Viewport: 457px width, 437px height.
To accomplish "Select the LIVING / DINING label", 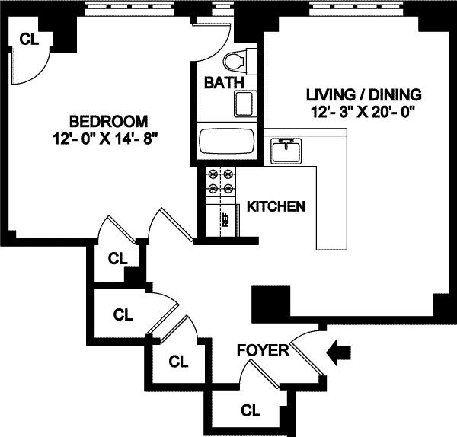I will [x=363, y=95].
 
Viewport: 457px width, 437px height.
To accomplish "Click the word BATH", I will [x=224, y=82].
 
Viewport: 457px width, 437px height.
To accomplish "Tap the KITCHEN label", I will [x=277, y=206].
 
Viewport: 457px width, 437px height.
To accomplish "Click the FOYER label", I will [x=263, y=350].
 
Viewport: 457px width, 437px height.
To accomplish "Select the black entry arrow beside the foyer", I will [x=339, y=352].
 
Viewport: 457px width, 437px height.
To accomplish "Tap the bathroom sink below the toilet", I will [x=245, y=103].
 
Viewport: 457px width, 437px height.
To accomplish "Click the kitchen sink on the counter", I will [x=286, y=149].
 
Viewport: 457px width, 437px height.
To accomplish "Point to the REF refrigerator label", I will [x=225, y=220].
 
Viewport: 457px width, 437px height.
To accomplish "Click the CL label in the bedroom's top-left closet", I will [x=29, y=40].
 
